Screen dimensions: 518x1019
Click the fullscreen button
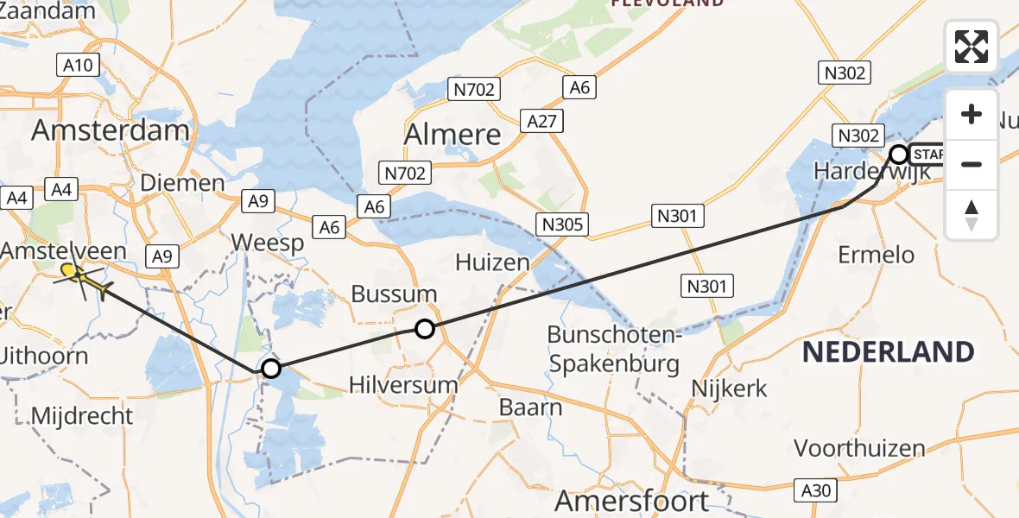click(x=972, y=47)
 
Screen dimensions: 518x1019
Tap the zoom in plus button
click(x=972, y=114)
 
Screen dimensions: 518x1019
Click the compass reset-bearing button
click(x=972, y=215)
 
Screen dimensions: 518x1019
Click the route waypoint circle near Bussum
click(x=424, y=328)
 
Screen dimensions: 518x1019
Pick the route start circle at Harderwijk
click(x=898, y=155)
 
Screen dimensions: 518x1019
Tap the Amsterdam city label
click(x=111, y=131)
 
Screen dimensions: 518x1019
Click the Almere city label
click(x=453, y=135)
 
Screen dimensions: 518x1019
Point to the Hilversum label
click(x=403, y=385)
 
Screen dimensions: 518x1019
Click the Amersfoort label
click(x=632, y=501)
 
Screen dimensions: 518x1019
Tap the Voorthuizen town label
click(x=858, y=449)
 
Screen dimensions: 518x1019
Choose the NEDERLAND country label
click(x=888, y=352)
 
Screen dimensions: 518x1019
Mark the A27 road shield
click(x=541, y=122)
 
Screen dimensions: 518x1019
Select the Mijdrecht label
click(x=82, y=416)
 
